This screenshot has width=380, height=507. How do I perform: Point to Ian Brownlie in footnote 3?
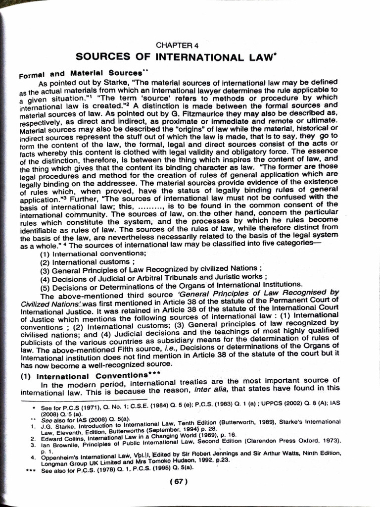[x=59, y=445]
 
